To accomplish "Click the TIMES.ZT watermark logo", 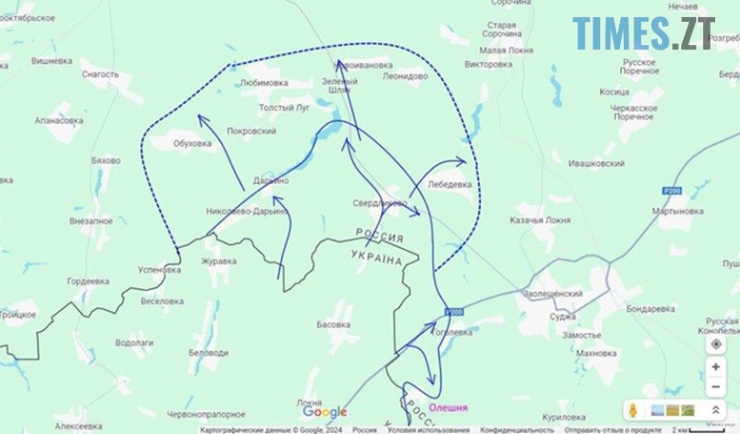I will click(x=644, y=33).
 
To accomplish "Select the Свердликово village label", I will click(x=380, y=202).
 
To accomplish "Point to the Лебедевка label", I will click(x=450, y=184).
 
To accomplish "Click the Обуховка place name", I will click(x=192, y=144).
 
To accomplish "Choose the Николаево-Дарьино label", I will click(x=246, y=211).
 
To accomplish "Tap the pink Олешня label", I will click(x=449, y=407).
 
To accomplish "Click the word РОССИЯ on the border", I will click(x=379, y=235).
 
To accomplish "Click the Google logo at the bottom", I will click(x=325, y=412).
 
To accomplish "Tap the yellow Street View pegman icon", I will click(x=630, y=410).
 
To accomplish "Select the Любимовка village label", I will click(x=265, y=83).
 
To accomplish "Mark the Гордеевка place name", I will click(x=88, y=281).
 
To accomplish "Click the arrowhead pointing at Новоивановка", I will click(x=340, y=64).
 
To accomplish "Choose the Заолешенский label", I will click(x=553, y=295).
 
